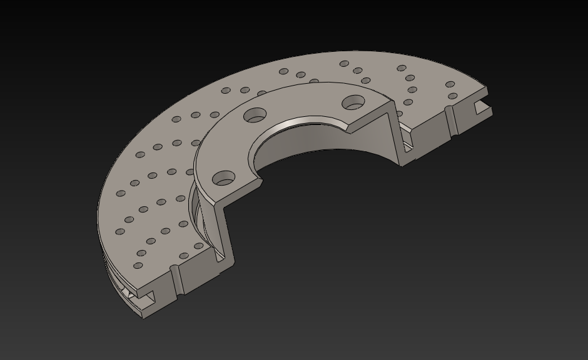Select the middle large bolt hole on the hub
(255, 115)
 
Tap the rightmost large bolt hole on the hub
(354, 101)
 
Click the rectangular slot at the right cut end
(482, 109)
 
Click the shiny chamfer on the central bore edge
(300, 122)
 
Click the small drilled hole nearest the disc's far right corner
(450, 84)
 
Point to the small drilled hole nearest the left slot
(138, 266)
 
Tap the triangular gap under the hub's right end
(408, 146)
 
